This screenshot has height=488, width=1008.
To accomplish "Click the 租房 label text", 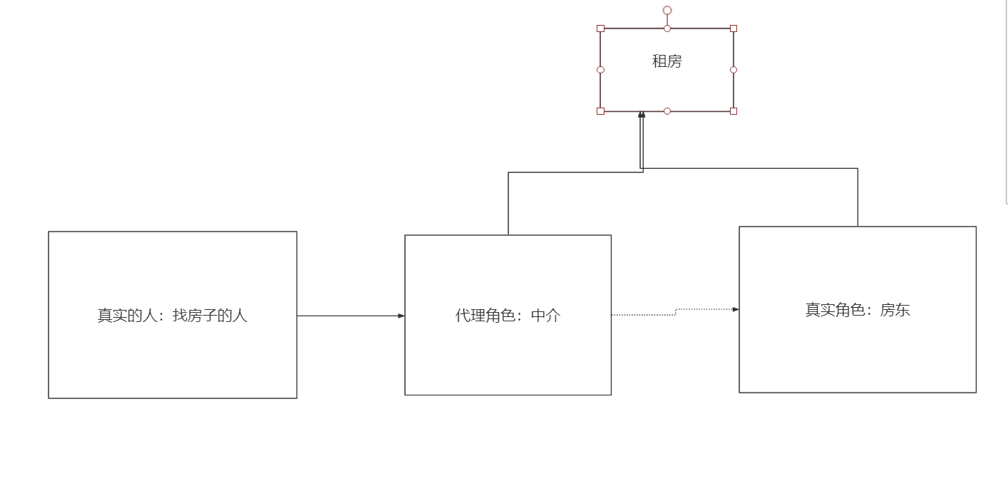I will coord(667,61).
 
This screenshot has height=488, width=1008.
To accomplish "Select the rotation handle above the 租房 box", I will coord(667,10).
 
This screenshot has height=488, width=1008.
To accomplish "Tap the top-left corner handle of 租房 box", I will coord(600,28).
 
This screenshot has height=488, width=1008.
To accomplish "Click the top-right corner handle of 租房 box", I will coord(734,28).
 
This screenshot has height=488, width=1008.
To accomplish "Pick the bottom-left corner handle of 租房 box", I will coord(600,111).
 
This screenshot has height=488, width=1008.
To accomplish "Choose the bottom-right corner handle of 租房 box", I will coord(734,111).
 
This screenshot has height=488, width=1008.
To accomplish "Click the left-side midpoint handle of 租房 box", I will coord(600,70).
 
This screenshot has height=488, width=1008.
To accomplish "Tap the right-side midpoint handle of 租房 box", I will coord(734,70).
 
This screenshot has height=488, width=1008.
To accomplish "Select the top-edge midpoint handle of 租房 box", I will coord(667,28).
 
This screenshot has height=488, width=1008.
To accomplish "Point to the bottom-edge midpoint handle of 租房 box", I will coord(667,111).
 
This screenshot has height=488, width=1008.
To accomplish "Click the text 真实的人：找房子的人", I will coord(173,315).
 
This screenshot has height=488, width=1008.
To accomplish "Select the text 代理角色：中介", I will coord(508,316).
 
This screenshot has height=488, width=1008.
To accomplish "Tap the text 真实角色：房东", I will coord(858,310).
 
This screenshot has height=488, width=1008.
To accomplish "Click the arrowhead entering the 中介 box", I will coord(401,316).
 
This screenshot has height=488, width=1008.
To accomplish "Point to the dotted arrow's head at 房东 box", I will coord(736,309).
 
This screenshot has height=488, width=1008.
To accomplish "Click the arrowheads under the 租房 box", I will coord(642,115).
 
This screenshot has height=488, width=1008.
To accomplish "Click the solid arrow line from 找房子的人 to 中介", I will coord(349,316).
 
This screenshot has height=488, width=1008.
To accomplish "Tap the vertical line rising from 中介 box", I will coord(508,203).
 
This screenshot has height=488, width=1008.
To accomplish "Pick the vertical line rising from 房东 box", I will coord(858,197).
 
